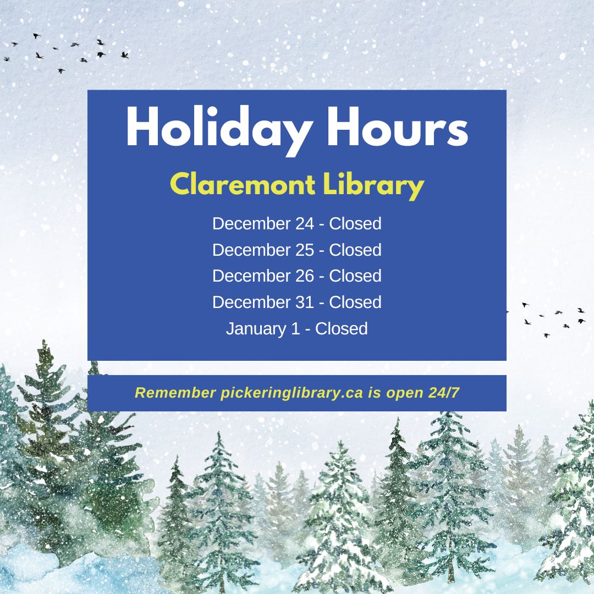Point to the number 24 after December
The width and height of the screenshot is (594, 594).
pyautogui.click(x=305, y=224)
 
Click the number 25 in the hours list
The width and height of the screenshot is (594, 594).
pyautogui.click(x=305, y=250)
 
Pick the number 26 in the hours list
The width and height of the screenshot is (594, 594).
pyautogui.click(x=305, y=276)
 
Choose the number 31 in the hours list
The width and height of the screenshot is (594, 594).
pyautogui.click(x=305, y=302)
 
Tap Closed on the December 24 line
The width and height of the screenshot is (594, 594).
pyautogui.click(x=355, y=224)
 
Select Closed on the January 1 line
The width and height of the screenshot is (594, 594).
pyautogui.click(x=342, y=329)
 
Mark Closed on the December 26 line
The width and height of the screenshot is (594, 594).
pyautogui.click(x=355, y=276)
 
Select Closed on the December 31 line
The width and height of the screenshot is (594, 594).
pyautogui.click(x=355, y=302)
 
